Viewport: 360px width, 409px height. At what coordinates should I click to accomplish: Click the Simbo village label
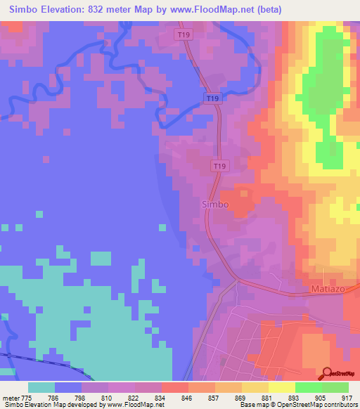pyautogui.click(x=215, y=204)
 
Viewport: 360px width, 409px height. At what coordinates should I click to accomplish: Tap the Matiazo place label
pyautogui.click(x=326, y=290)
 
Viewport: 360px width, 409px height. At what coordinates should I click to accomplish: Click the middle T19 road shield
pyautogui.click(x=212, y=98)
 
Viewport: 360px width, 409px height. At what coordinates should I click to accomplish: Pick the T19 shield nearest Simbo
pyautogui.click(x=221, y=166)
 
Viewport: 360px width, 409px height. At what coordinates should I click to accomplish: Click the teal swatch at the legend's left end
pyautogui.click(x=41, y=387)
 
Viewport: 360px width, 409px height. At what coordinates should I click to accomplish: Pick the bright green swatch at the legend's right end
pyautogui.click(x=335, y=387)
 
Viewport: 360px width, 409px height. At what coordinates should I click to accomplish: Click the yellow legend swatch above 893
pyautogui.click(x=281, y=387)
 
